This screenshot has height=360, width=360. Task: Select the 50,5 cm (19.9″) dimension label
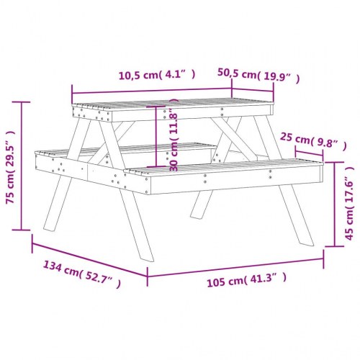257,73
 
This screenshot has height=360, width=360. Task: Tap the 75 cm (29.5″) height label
10,167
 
